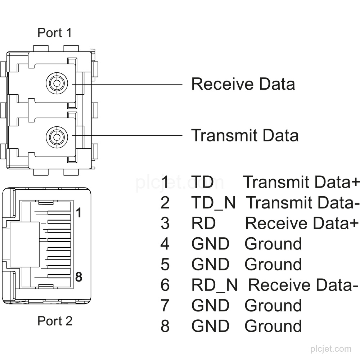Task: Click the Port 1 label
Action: click(x=55, y=33)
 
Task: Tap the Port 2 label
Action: click(x=55, y=321)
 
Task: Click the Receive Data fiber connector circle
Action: click(x=57, y=83)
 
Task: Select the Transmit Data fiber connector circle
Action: click(x=57, y=137)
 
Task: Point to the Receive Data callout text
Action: click(x=243, y=84)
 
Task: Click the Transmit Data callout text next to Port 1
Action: click(x=245, y=135)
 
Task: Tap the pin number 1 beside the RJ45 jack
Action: click(x=78, y=212)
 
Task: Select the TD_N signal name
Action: click(x=213, y=203)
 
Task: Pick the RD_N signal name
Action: click(x=215, y=285)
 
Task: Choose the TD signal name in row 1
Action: click(x=202, y=182)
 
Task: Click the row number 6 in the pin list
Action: click(x=165, y=285)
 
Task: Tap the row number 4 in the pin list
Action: click(x=165, y=244)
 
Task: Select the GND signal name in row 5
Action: click(x=210, y=264)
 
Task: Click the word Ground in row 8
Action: click(x=273, y=326)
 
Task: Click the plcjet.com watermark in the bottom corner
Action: click(x=331, y=349)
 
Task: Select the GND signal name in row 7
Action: click(x=210, y=305)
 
